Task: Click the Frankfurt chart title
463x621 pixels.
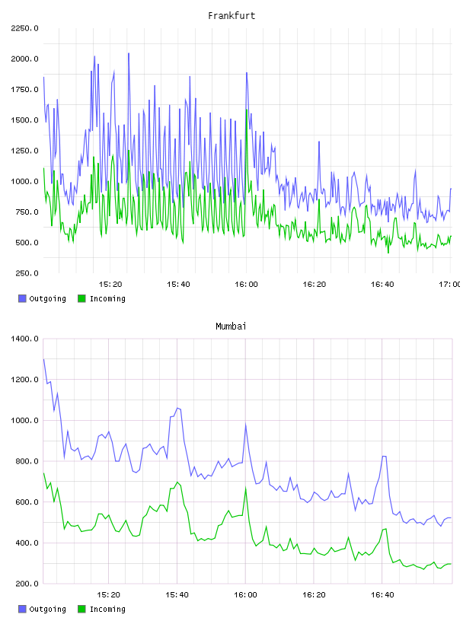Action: click(x=231, y=16)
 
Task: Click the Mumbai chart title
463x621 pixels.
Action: click(x=231, y=326)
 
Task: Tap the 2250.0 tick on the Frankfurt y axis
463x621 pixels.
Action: click(x=24, y=28)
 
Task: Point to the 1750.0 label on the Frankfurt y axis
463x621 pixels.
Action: click(x=24, y=90)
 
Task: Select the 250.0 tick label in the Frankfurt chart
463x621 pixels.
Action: click(x=27, y=273)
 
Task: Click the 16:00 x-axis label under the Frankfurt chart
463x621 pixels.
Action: click(x=246, y=285)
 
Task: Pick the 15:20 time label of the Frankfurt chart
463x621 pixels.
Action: click(x=110, y=285)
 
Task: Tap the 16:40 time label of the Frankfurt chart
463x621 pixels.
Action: click(x=382, y=285)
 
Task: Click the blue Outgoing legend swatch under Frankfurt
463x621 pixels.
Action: click(x=22, y=298)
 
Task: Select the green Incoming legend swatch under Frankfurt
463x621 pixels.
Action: click(x=81, y=298)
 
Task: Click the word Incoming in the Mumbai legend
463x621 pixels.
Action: click(x=107, y=609)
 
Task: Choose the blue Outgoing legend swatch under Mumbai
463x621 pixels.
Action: click(x=22, y=609)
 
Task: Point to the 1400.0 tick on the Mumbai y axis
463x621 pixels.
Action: click(x=24, y=339)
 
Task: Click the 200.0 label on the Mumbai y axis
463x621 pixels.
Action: click(x=27, y=584)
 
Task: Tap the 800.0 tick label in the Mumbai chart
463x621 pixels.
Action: click(x=27, y=461)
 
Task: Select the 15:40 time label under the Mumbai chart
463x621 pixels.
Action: click(x=177, y=595)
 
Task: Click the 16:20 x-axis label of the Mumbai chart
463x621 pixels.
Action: click(x=314, y=595)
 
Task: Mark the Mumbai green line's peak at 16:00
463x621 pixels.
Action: click(x=245, y=489)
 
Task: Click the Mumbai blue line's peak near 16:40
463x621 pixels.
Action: click(x=384, y=457)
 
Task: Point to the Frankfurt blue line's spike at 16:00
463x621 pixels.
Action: click(x=247, y=73)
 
